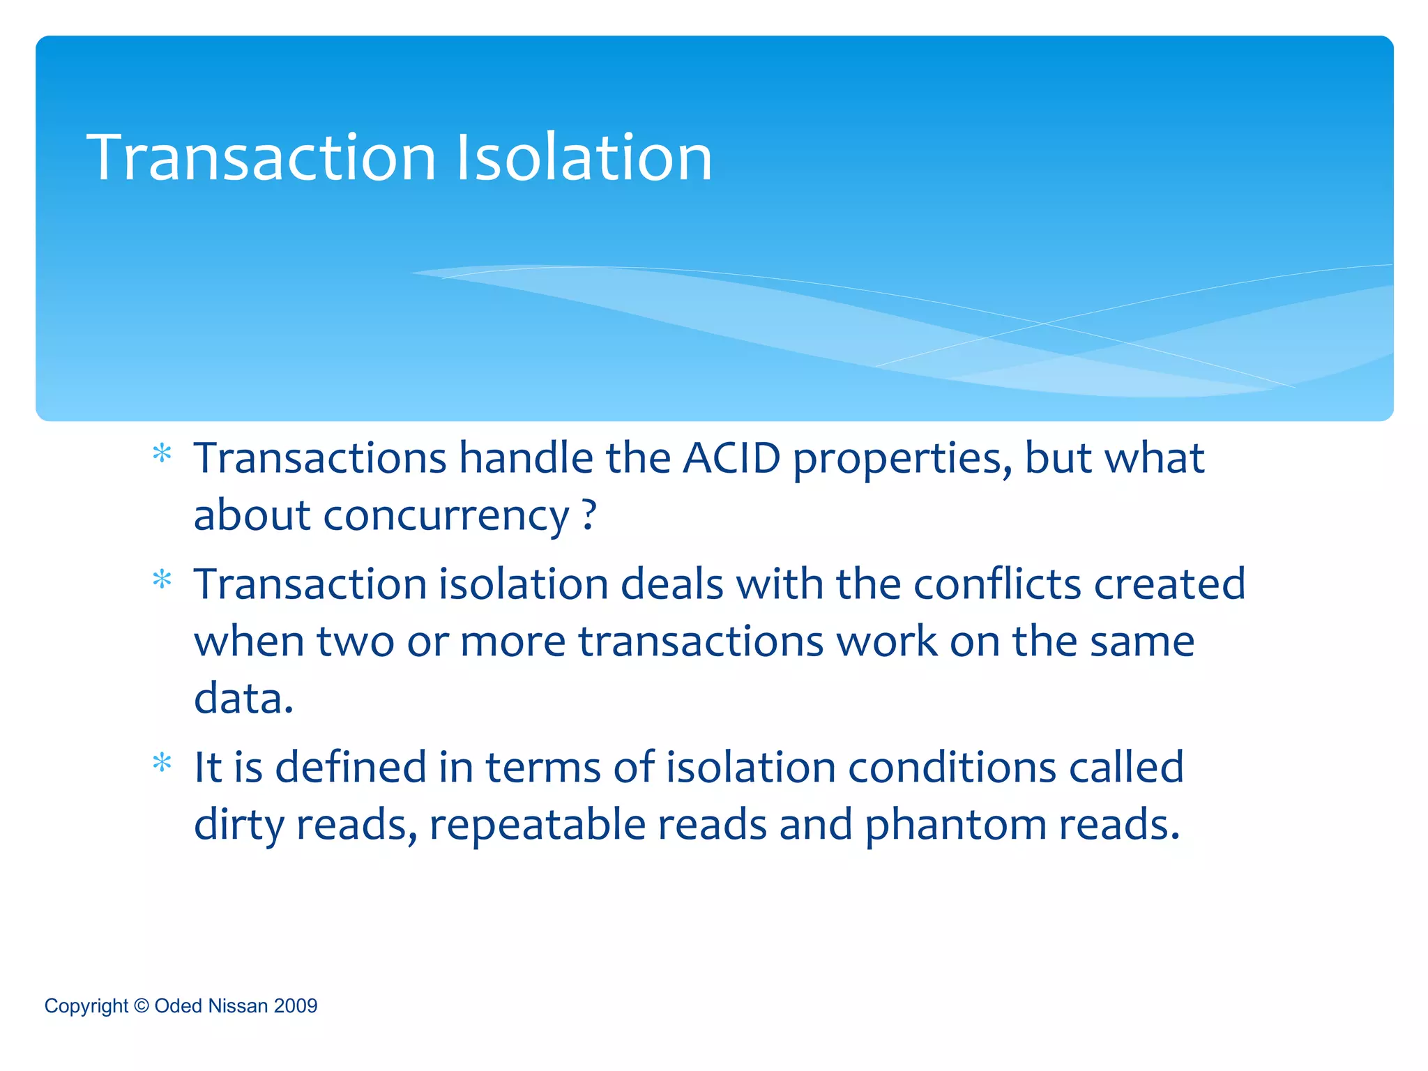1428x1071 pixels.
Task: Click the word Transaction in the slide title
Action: pyautogui.click(x=261, y=158)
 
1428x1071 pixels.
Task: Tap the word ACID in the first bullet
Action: pyautogui.click(x=731, y=459)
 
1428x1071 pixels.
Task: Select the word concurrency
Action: pyautogui.click(x=446, y=517)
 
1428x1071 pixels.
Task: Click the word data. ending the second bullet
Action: pyautogui.click(x=243, y=698)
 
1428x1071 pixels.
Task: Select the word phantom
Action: pyautogui.click(x=955, y=825)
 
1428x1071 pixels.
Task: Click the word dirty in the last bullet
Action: pyautogui.click(x=238, y=825)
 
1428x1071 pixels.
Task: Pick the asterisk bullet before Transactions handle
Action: pyautogui.click(x=162, y=455)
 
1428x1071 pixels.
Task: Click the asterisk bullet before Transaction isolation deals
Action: pyautogui.click(x=162, y=580)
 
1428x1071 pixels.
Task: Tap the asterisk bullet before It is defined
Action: pyautogui.click(x=162, y=764)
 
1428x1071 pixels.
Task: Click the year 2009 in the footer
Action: pyautogui.click(x=296, y=1006)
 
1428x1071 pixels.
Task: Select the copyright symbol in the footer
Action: pyautogui.click(x=142, y=1005)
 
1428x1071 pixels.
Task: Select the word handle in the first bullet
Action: pyautogui.click(x=526, y=459)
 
